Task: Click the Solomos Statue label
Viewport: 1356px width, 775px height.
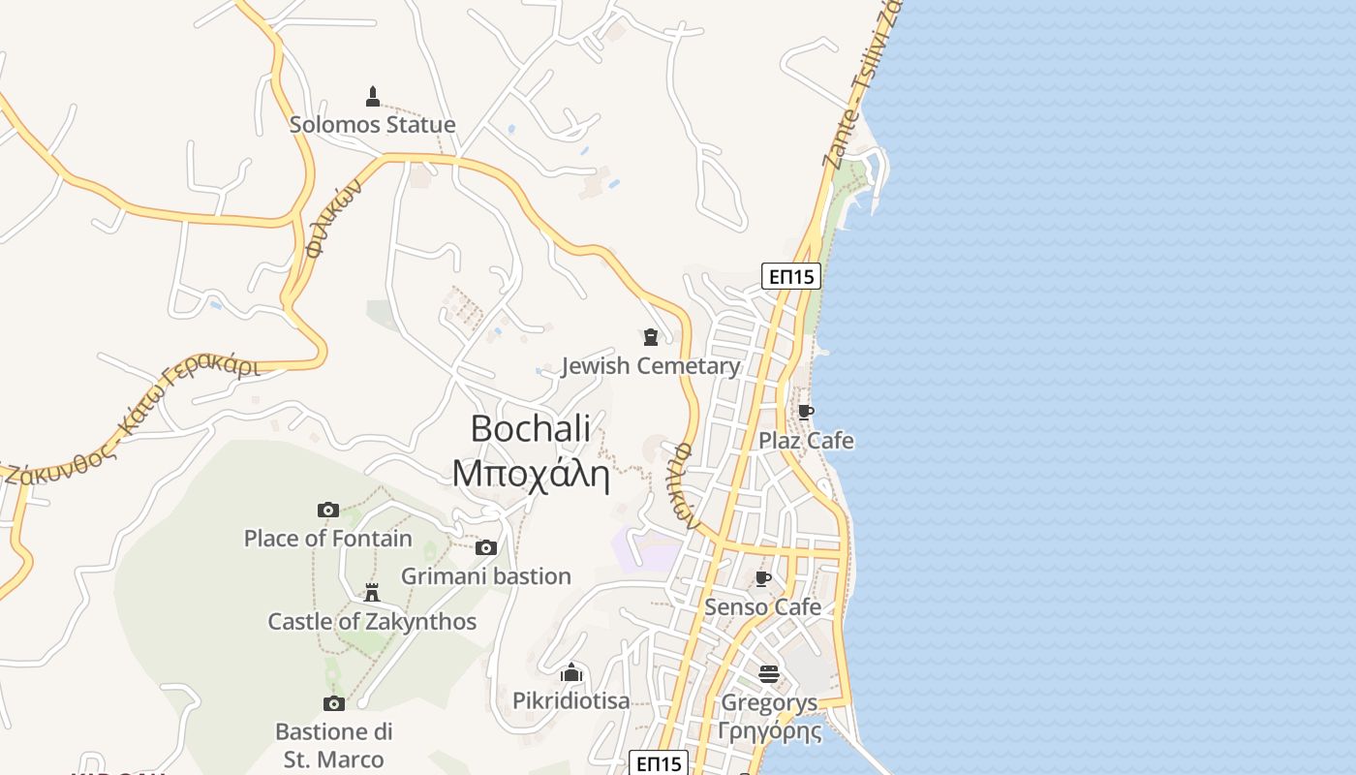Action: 373,125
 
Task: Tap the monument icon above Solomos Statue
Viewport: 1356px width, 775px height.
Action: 373,96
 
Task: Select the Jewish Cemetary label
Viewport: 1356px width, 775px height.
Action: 651,366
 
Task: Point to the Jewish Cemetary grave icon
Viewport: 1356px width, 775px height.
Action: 651,337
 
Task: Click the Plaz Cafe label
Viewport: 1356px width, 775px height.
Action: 806,441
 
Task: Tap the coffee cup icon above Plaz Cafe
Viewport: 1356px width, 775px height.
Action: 805,413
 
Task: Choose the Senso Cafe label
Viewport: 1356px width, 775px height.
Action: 763,607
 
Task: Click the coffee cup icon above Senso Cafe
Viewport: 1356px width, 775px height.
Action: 763,579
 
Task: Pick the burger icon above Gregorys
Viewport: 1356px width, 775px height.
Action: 769,673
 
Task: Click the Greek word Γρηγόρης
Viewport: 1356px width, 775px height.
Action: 769,729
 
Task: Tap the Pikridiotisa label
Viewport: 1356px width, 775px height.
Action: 571,700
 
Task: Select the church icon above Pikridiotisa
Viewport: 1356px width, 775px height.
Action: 571,672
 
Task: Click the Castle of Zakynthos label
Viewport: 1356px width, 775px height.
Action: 372,621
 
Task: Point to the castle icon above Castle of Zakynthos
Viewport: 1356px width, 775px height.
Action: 372,593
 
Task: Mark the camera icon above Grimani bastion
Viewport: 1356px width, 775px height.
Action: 486,548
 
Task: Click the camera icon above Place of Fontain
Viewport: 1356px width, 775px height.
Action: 328,511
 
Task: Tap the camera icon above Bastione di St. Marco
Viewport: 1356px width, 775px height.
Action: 334,703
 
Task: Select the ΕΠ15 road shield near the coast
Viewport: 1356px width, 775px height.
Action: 791,276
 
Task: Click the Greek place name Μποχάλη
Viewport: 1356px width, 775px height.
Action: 531,474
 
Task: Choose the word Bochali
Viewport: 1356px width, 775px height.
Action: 531,428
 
